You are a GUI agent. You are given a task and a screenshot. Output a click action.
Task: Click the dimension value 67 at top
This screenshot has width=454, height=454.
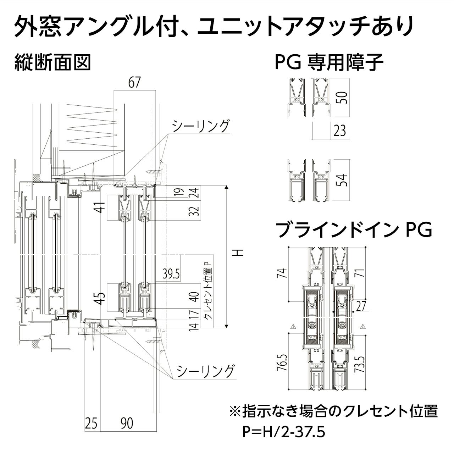pyautogui.click(x=134, y=83)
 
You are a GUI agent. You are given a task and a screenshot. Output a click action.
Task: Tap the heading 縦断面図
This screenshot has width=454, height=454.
pyautogui.click(x=53, y=62)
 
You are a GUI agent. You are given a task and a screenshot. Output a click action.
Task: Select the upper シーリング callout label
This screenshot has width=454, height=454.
pyautogui.click(x=201, y=126)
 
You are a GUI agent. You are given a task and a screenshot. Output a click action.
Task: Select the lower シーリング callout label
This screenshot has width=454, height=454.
pyautogui.click(x=206, y=371)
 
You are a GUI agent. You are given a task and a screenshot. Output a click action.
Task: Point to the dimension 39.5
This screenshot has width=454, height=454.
pyautogui.click(x=171, y=274)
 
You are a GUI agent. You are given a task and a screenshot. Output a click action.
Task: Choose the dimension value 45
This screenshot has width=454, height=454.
pyautogui.click(x=101, y=298)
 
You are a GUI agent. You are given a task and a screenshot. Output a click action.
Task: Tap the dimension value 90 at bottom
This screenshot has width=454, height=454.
pyautogui.click(x=127, y=423)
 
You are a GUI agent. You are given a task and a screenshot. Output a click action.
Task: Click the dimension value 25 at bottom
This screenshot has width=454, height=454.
pyautogui.click(x=91, y=423)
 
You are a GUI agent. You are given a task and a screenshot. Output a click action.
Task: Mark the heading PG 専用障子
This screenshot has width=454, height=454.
pyautogui.click(x=329, y=62)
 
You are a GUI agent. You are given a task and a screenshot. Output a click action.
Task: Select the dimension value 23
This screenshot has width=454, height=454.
pyautogui.click(x=339, y=131)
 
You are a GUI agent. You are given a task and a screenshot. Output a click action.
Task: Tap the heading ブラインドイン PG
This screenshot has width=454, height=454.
pyautogui.click(x=354, y=229)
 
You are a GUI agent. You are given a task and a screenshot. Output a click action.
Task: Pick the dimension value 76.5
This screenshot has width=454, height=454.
pyautogui.click(x=282, y=361)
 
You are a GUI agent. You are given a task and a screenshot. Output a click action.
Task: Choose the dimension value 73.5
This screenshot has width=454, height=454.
pyautogui.click(x=361, y=361)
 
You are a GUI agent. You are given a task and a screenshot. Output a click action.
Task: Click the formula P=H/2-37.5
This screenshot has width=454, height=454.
pyautogui.click(x=284, y=432)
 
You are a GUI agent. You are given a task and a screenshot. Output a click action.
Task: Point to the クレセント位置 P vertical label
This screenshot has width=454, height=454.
pyautogui.click(x=207, y=290)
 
